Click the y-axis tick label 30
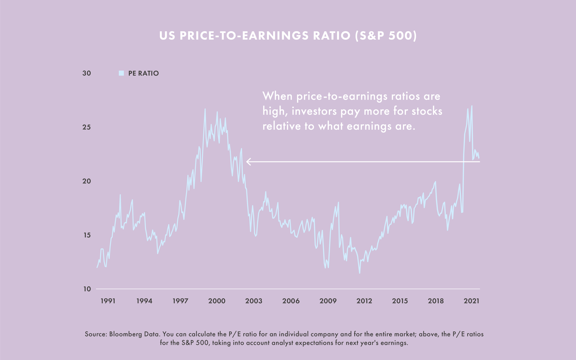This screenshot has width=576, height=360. click(x=87, y=73)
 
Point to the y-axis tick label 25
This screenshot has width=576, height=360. click(x=87, y=127)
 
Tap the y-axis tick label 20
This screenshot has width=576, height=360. click(x=87, y=181)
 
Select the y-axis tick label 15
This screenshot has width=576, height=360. click(x=87, y=235)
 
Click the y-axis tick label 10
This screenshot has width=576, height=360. click(x=87, y=289)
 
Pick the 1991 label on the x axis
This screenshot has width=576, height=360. click(x=108, y=301)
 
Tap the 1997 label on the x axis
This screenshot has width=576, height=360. click(x=180, y=301)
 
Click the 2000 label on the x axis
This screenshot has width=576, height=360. click(x=217, y=301)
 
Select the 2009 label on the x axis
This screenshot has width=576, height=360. click(x=328, y=301)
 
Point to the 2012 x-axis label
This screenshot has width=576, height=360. click(x=364, y=301)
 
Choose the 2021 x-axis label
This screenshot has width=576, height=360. click(x=472, y=301)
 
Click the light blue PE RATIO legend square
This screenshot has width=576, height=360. click(x=121, y=73)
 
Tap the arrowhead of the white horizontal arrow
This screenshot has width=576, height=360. click(x=248, y=162)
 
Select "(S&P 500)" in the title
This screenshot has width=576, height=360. click(x=386, y=36)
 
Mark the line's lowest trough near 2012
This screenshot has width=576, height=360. click(x=359, y=273)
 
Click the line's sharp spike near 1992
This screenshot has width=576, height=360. click(x=120, y=195)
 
